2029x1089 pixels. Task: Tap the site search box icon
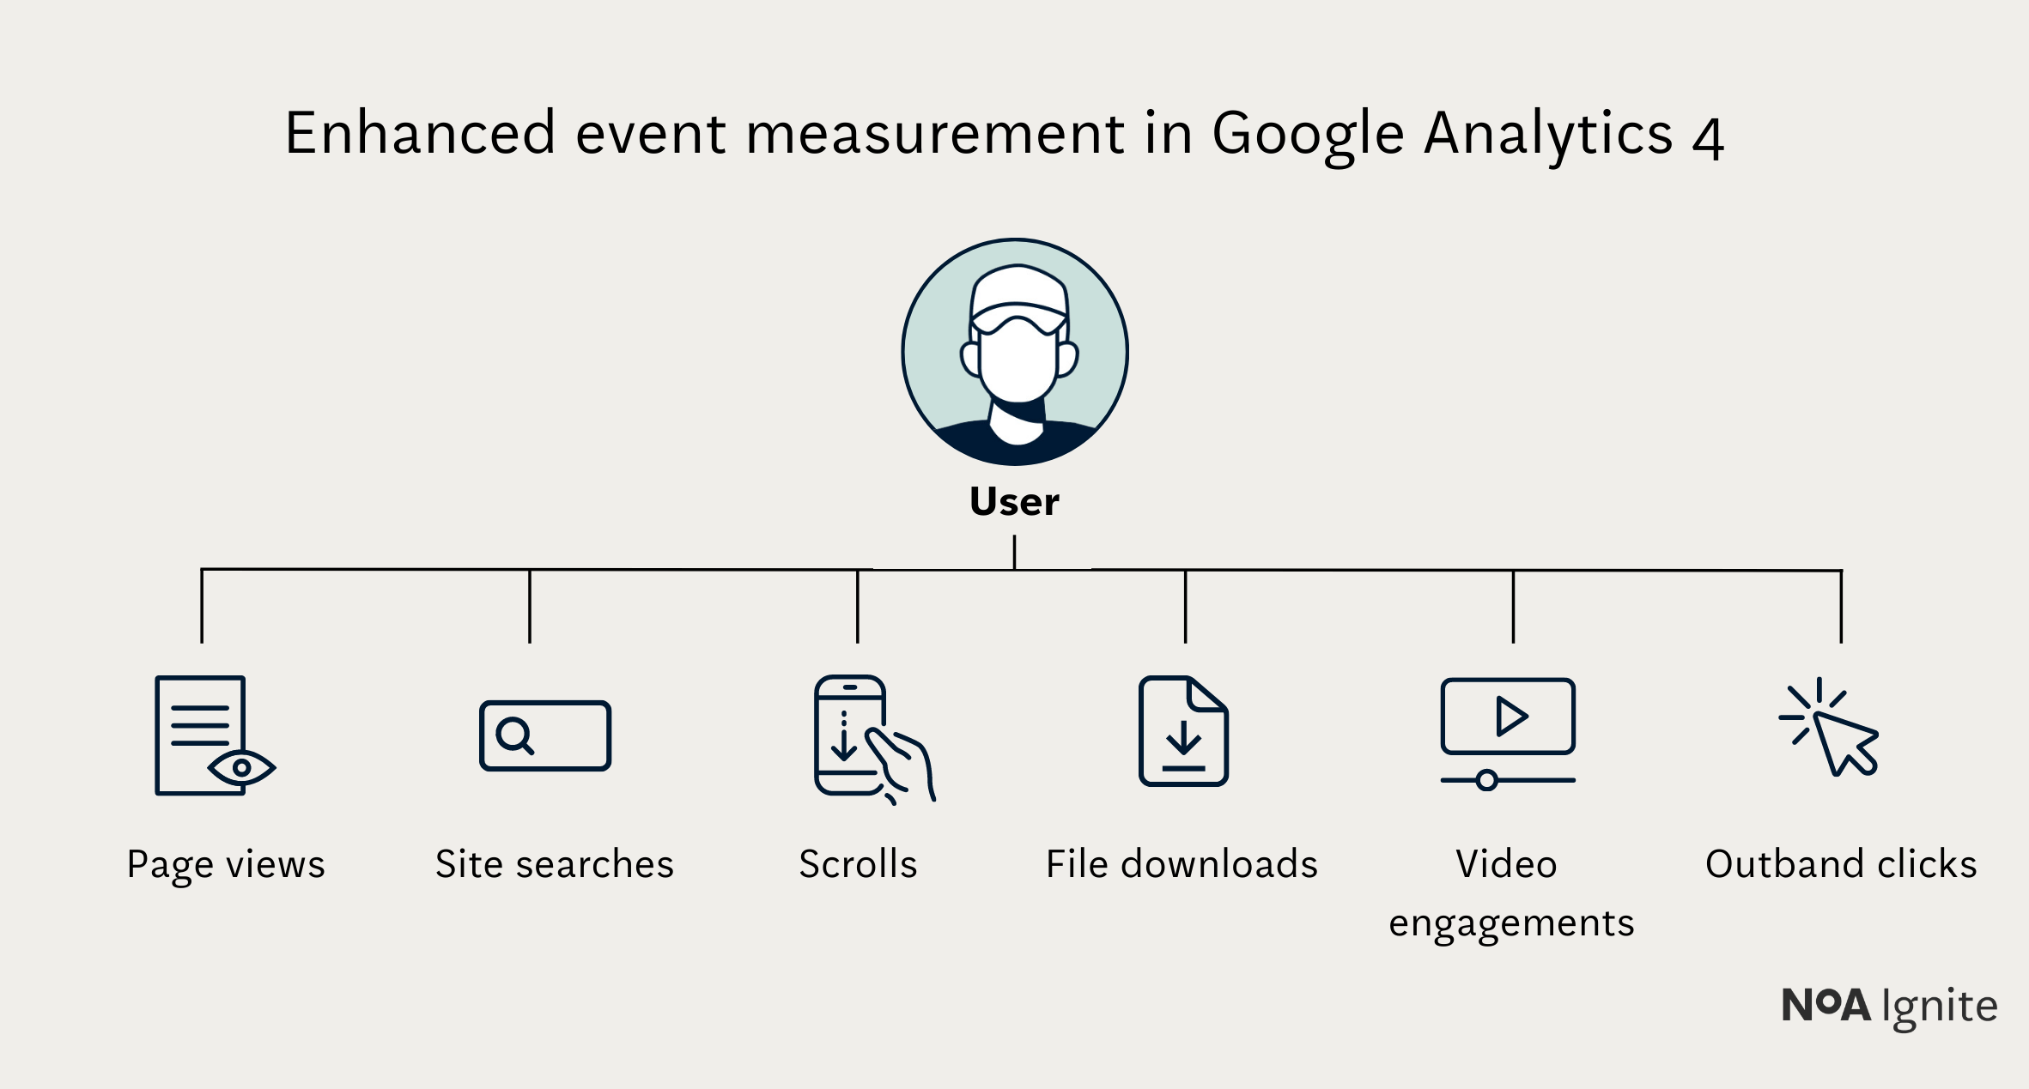point(545,735)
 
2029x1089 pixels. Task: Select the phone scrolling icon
point(867,738)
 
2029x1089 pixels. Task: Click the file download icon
point(1183,731)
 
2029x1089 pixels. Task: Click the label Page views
point(226,864)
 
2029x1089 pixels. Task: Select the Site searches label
point(555,864)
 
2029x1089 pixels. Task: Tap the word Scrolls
point(858,864)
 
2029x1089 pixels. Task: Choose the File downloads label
point(1182,864)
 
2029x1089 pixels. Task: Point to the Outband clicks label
point(1841,864)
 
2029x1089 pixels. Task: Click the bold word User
point(1014,502)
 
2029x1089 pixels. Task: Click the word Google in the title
point(1308,135)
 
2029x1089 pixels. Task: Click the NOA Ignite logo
point(1889,1006)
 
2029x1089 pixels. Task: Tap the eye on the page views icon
point(241,767)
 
